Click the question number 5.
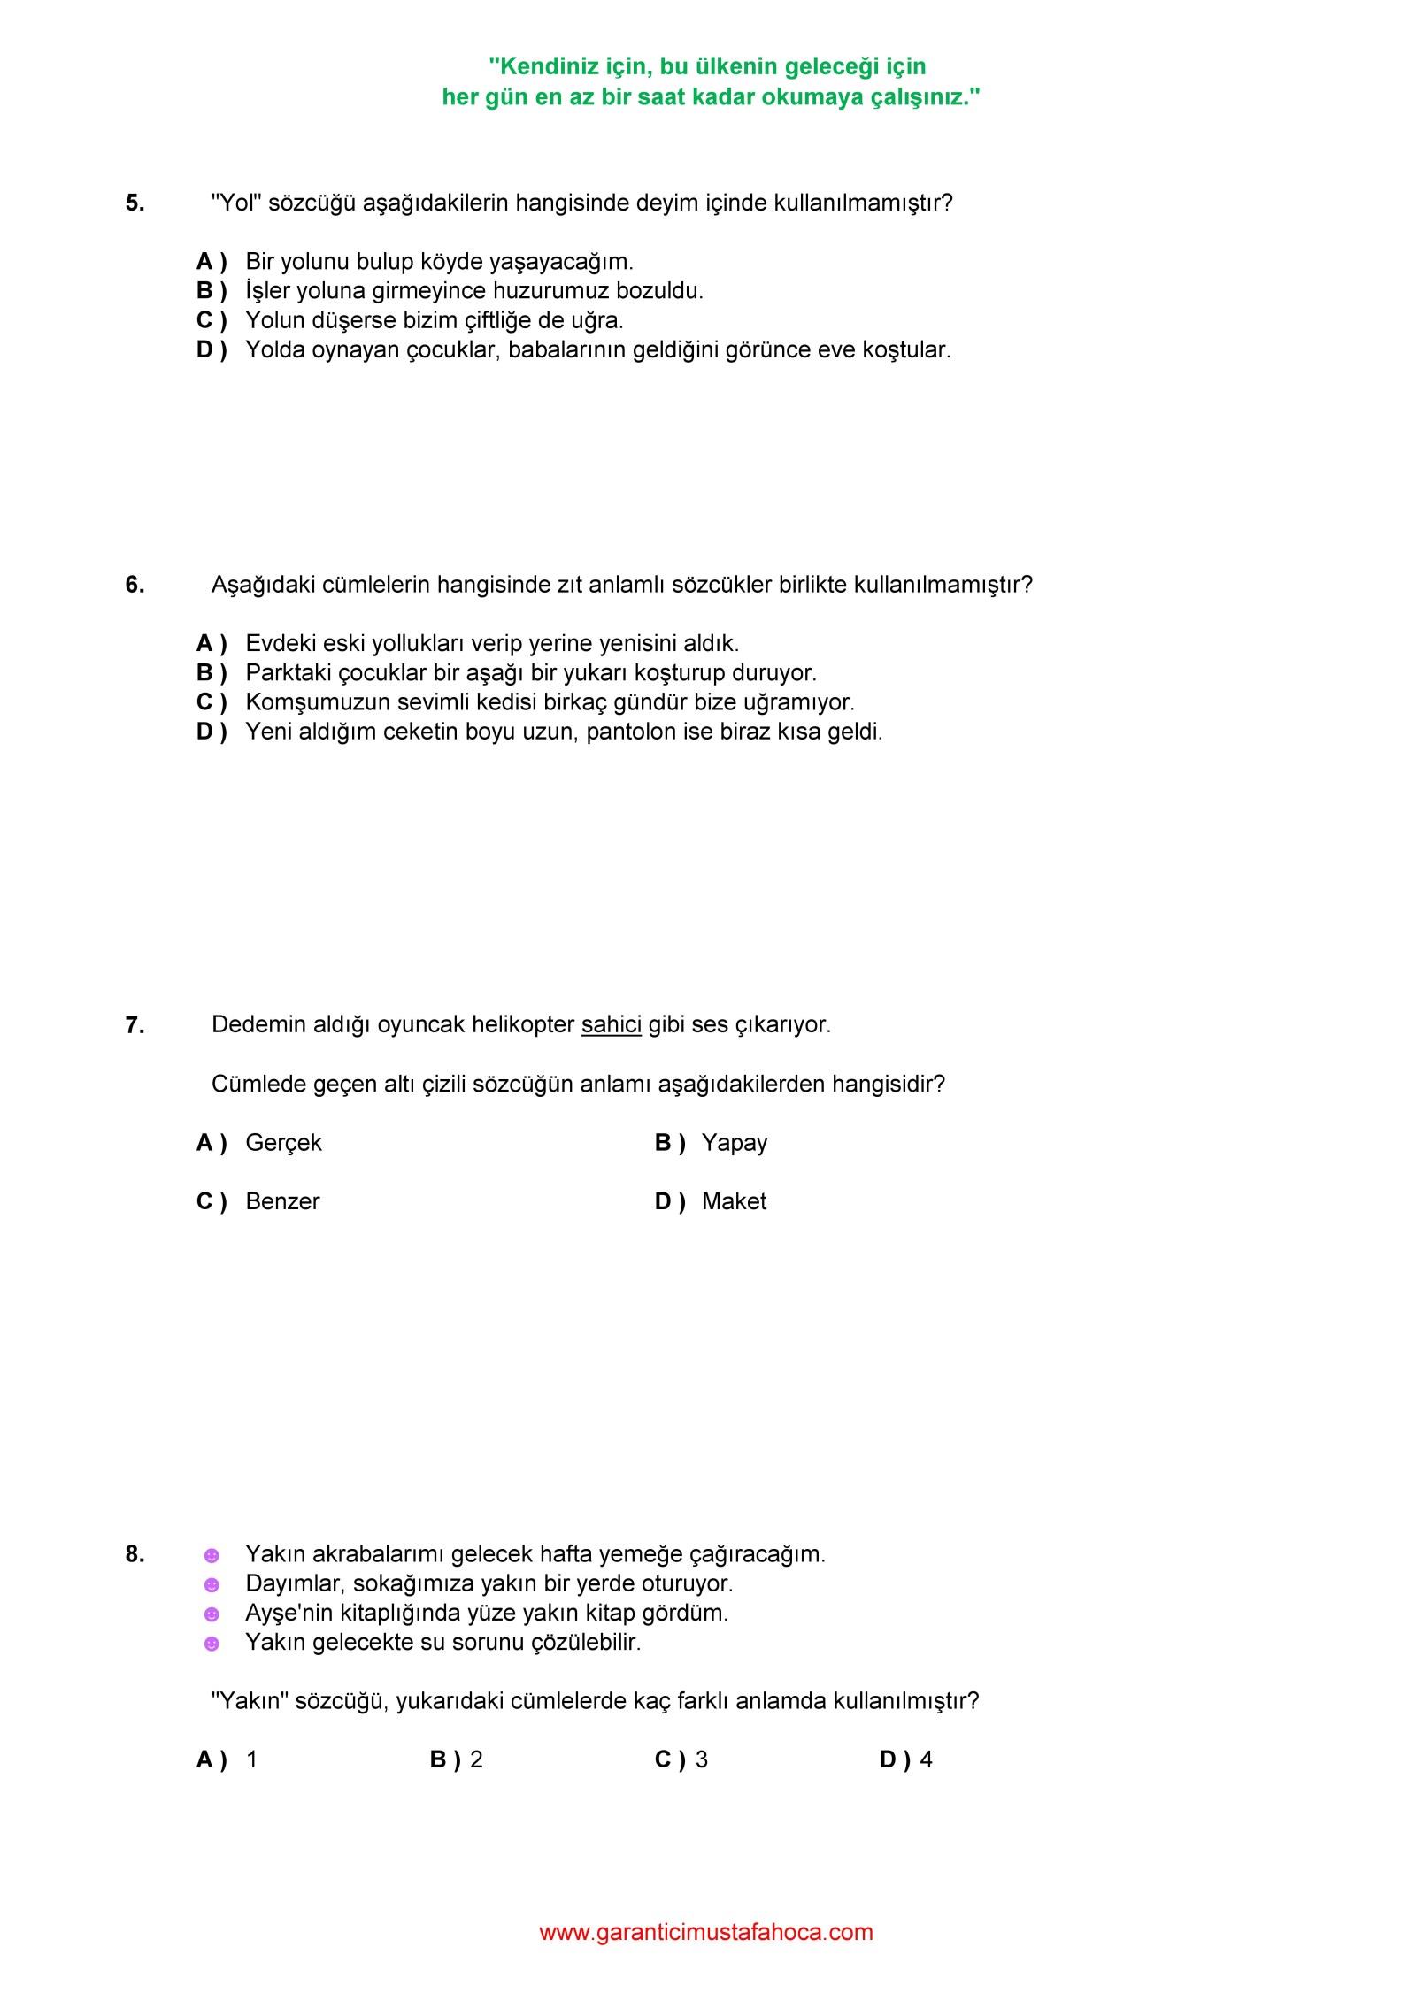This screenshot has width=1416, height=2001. pos(135,203)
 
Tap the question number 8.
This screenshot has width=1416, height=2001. pos(135,1554)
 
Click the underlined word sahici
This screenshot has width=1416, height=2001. pos(611,1024)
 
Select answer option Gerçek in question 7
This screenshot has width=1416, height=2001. pos(283,1143)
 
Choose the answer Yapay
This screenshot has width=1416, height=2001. pos(734,1143)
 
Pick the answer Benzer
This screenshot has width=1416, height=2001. pos(282,1201)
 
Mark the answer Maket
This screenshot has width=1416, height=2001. pos(734,1201)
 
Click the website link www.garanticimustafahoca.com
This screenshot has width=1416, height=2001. pos(705,1932)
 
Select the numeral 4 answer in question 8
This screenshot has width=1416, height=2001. pos(926,1759)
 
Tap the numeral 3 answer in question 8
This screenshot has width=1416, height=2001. pos(701,1759)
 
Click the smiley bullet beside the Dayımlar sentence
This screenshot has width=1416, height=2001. pos(212,1584)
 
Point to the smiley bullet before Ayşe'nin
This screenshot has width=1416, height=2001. pos(212,1614)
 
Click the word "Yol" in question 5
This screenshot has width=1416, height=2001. pos(236,203)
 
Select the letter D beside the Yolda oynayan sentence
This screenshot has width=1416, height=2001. pos(205,350)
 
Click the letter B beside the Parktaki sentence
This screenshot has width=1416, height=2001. pos(205,673)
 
